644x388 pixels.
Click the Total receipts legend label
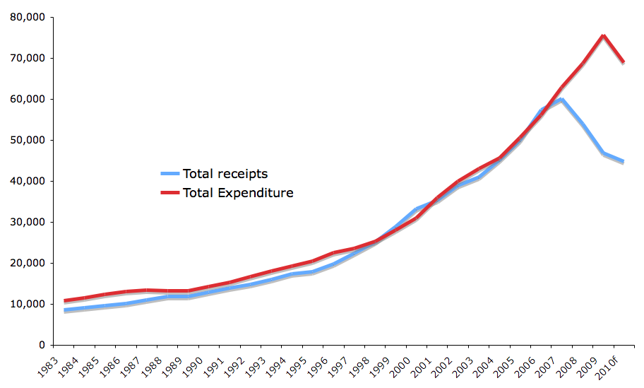(x=225, y=174)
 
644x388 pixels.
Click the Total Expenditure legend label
(x=237, y=192)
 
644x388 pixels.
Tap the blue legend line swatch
(x=170, y=173)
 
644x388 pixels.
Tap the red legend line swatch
(x=170, y=192)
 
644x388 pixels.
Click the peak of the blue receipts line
(x=561, y=99)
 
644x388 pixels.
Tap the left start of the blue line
(x=65, y=310)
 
